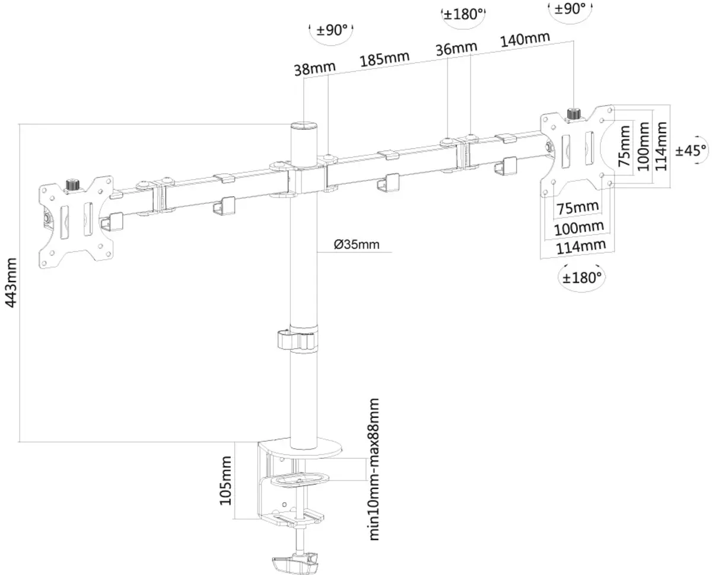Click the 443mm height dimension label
tap(10, 282)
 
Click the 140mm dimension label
tap(525, 40)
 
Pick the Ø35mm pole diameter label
tap(356, 244)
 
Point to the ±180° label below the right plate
tap(582, 276)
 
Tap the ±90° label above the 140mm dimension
tap(570, 9)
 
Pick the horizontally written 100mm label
tap(579, 226)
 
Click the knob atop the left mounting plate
tap(73, 184)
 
